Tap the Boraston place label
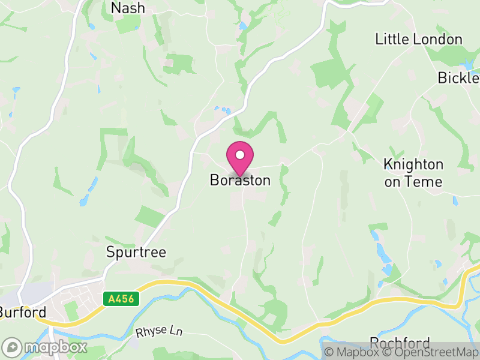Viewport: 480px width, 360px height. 240,180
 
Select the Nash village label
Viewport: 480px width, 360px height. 128,8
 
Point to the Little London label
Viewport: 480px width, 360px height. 419,40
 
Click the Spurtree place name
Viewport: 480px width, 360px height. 136,251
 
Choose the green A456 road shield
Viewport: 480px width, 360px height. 121,298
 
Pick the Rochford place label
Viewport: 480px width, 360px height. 400,343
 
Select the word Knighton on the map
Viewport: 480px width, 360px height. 413,164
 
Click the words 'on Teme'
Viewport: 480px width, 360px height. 413,182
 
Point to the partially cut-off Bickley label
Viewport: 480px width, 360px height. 458,77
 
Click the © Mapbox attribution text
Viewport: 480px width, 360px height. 353,353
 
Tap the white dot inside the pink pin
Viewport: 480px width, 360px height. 240,155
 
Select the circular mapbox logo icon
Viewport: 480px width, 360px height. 12,347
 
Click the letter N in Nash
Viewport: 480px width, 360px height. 116,8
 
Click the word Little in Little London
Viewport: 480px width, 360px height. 391,40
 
